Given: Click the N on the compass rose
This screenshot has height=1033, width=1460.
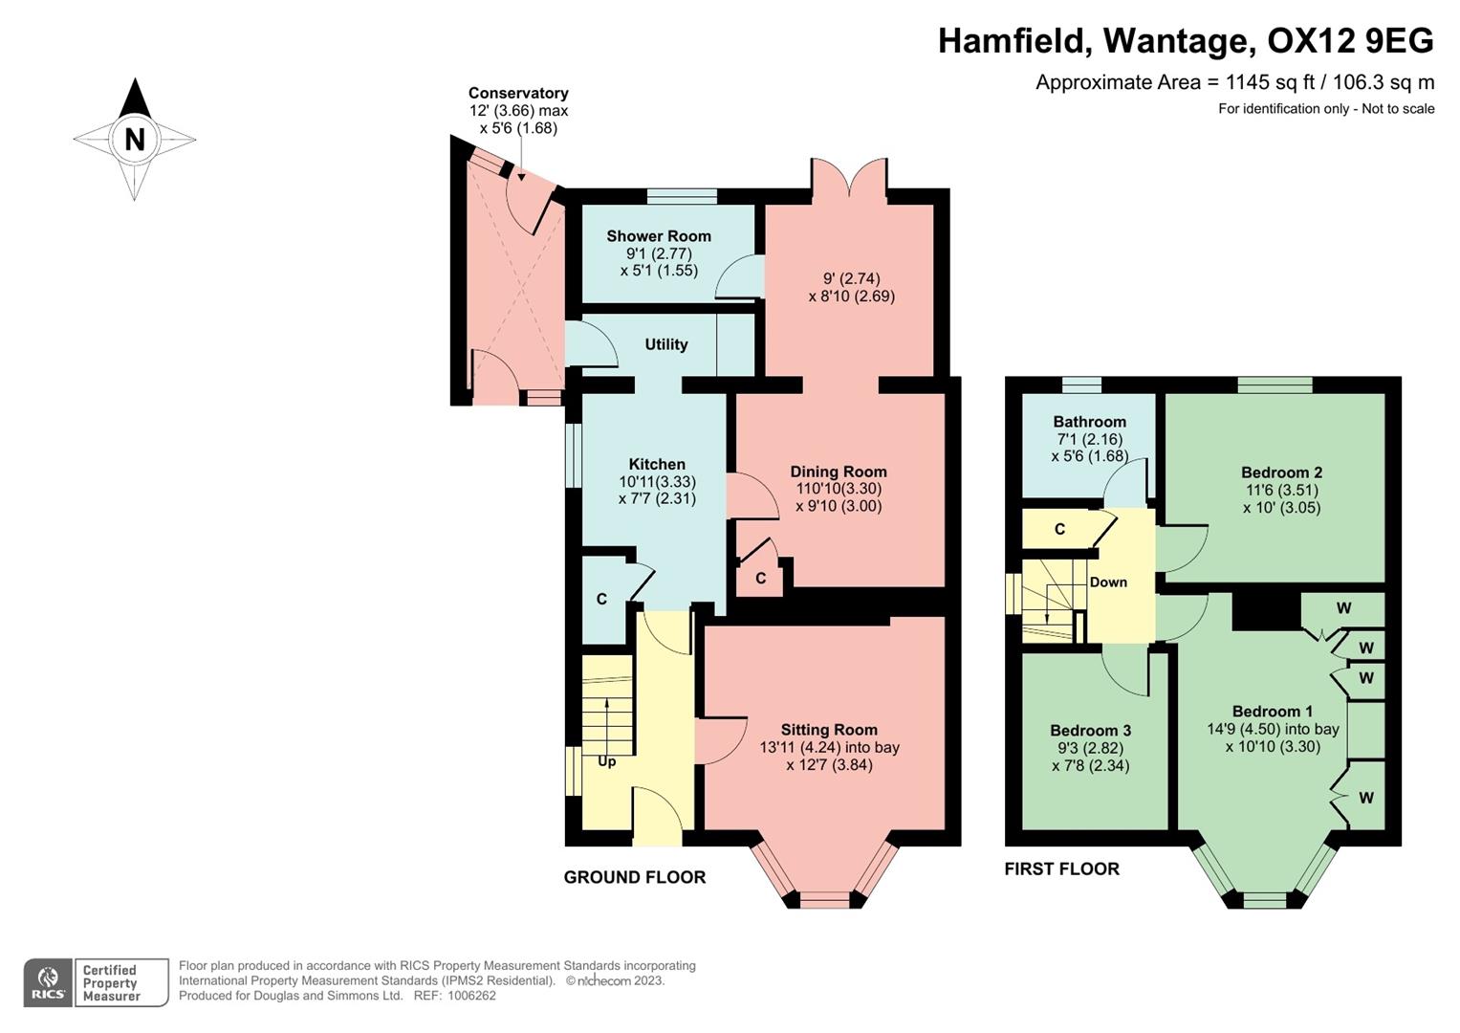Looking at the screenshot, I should point(135,140).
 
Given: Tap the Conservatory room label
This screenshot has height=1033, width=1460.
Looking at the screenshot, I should point(518,93).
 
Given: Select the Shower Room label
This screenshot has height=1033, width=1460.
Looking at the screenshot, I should point(659,236).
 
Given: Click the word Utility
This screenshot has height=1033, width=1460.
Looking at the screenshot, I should point(666,344).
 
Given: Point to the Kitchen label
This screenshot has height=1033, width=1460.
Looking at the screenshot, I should point(657,465).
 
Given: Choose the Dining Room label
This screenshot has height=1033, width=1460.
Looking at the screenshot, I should point(839,472).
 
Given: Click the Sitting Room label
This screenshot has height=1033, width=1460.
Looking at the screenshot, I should point(829,730).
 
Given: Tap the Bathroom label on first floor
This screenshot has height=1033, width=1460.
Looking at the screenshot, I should point(1090,422).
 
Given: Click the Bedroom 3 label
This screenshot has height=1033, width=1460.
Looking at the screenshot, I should point(1090,731).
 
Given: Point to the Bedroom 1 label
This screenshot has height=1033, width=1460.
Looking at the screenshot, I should point(1273,712).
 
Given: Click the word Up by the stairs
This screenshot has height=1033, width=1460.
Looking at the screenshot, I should point(607,762).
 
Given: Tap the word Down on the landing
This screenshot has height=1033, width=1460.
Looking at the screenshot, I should point(1108,582).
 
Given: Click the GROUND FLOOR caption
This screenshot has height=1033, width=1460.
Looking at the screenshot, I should point(635,877).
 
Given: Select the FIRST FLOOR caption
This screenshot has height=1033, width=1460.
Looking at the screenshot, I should point(1061,868).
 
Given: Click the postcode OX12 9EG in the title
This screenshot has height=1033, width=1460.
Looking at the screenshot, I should point(1350,41).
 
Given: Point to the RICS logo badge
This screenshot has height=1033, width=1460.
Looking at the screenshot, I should point(48,982).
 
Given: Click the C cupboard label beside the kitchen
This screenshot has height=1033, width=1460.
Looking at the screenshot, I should point(601,600).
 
